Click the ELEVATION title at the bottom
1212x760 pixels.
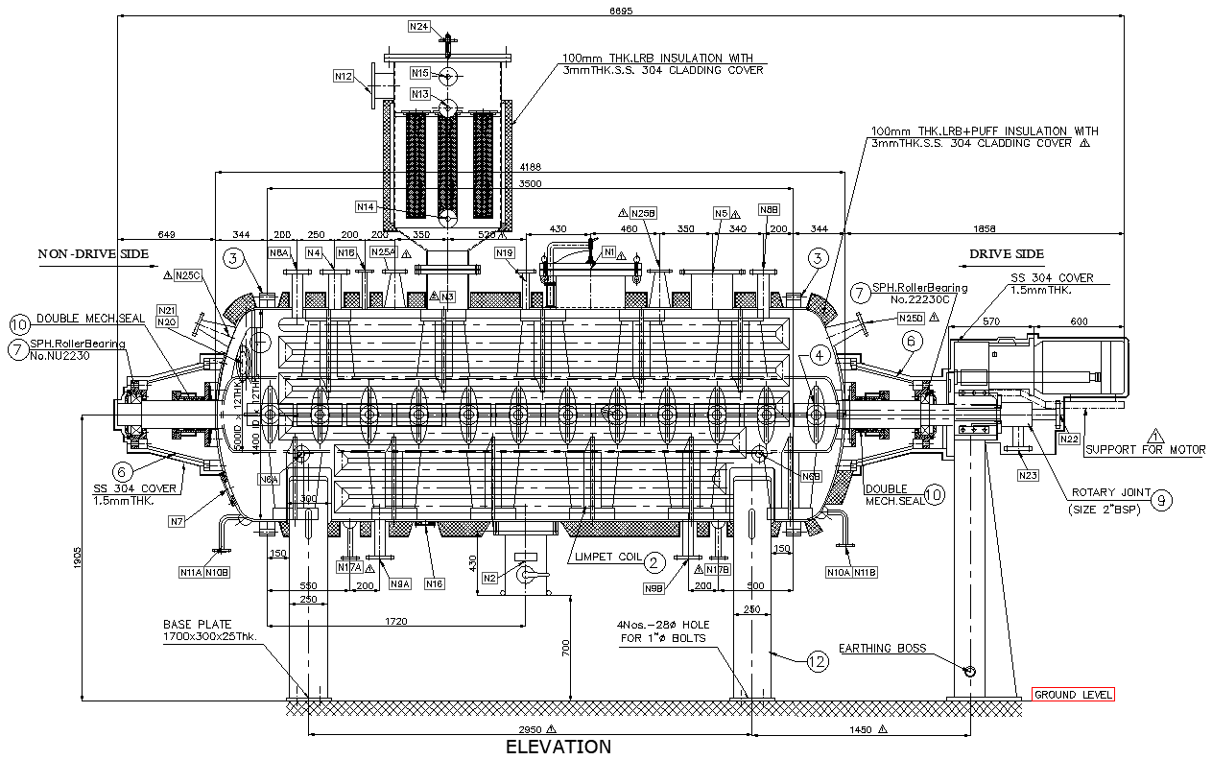click(558, 747)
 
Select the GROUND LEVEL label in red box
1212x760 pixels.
click(1073, 695)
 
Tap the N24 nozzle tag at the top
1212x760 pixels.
click(419, 27)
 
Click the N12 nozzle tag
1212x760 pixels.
click(344, 76)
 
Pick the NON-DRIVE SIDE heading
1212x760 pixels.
click(93, 254)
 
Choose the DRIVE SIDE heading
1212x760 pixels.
click(1006, 254)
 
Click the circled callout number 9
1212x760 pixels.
click(1160, 498)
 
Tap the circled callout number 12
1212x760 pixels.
click(817, 661)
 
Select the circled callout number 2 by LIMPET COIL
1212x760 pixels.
click(654, 562)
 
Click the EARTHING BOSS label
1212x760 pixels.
click(882, 649)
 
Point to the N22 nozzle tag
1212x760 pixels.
click(1068, 439)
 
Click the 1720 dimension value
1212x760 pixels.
click(395, 622)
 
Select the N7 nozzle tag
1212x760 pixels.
click(177, 521)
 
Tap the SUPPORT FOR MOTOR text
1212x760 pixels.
click(1145, 449)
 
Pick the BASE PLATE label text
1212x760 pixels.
click(197, 624)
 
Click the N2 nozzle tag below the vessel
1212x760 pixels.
click(490, 578)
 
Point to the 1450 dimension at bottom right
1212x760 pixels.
click(860, 729)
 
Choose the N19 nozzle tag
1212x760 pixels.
click(506, 252)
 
